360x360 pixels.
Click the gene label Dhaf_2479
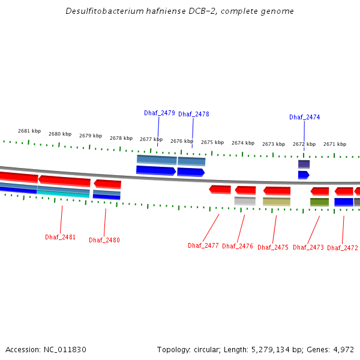[x=160, y=113]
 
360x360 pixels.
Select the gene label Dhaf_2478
[x=194, y=114]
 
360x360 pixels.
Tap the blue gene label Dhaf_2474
[x=304, y=118]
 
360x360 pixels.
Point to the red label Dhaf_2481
[x=61, y=237]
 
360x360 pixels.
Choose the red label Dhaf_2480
[x=104, y=240]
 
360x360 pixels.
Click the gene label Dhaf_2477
[x=203, y=245]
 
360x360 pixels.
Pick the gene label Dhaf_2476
[x=238, y=246]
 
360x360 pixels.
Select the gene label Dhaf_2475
[x=273, y=247]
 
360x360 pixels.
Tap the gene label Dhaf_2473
[x=308, y=247]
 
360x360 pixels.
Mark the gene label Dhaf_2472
[x=343, y=248]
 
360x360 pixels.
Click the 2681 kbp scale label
[x=29, y=131]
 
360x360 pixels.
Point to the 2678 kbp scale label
[x=121, y=138]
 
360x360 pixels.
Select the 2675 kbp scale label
[x=212, y=142]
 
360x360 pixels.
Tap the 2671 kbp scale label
[x=335, y=144]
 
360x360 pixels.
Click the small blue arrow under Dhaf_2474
[x=304, y=175]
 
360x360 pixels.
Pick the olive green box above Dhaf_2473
[x=319, y=202]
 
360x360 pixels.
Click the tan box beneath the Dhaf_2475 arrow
[x=277, y=202]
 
